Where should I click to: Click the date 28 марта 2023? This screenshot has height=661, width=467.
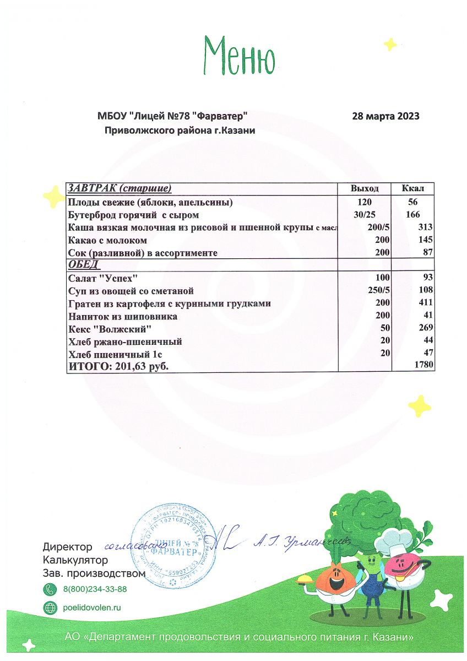(385, 116)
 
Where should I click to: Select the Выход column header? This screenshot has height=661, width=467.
(365, 189)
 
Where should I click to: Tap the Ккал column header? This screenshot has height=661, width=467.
(412, 189)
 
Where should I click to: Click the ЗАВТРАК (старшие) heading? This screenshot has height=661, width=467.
(120, 189)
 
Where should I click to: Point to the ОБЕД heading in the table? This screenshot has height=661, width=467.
(83, 265)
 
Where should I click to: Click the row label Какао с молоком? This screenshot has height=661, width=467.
(107, 241)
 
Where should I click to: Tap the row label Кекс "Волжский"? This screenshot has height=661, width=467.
(110, 329)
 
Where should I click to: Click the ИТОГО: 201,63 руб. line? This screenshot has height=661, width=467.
(118, 366)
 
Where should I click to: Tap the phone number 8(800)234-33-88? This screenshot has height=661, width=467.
(95, 589)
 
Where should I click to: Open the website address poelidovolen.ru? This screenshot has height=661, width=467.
(91, 608)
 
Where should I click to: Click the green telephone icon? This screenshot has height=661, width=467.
(50, 589)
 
